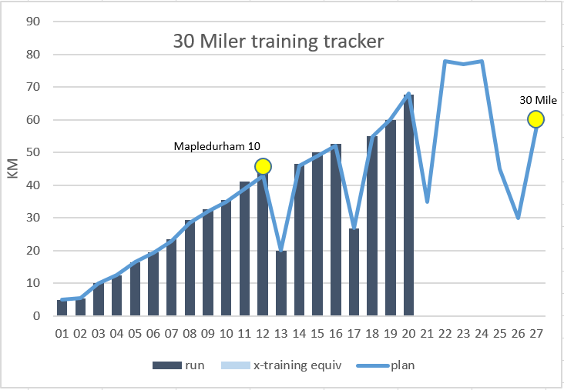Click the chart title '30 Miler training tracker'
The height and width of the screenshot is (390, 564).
[277, 42]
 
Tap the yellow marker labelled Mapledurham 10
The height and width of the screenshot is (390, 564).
[263, 166]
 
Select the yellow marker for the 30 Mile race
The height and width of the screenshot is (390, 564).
[535, 119]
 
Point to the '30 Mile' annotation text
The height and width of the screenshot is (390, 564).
[538, 99]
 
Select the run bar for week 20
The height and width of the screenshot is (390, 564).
[408, 205]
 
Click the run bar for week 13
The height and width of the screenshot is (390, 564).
[281, 283]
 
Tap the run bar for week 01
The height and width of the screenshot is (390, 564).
[62, 308]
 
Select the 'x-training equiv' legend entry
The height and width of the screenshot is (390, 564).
[281, 365]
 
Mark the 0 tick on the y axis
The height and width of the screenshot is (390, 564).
[35, 316]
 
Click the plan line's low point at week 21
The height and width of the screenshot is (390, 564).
[427, 202]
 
